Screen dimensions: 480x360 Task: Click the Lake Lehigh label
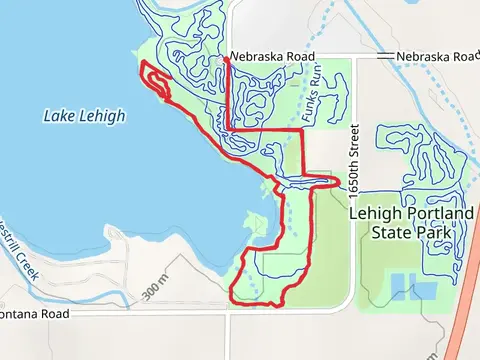click(x=85, y=116)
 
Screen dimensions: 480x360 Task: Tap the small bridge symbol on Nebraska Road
click(x=381, y=56)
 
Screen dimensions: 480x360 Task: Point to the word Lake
click(x=59, y=116)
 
